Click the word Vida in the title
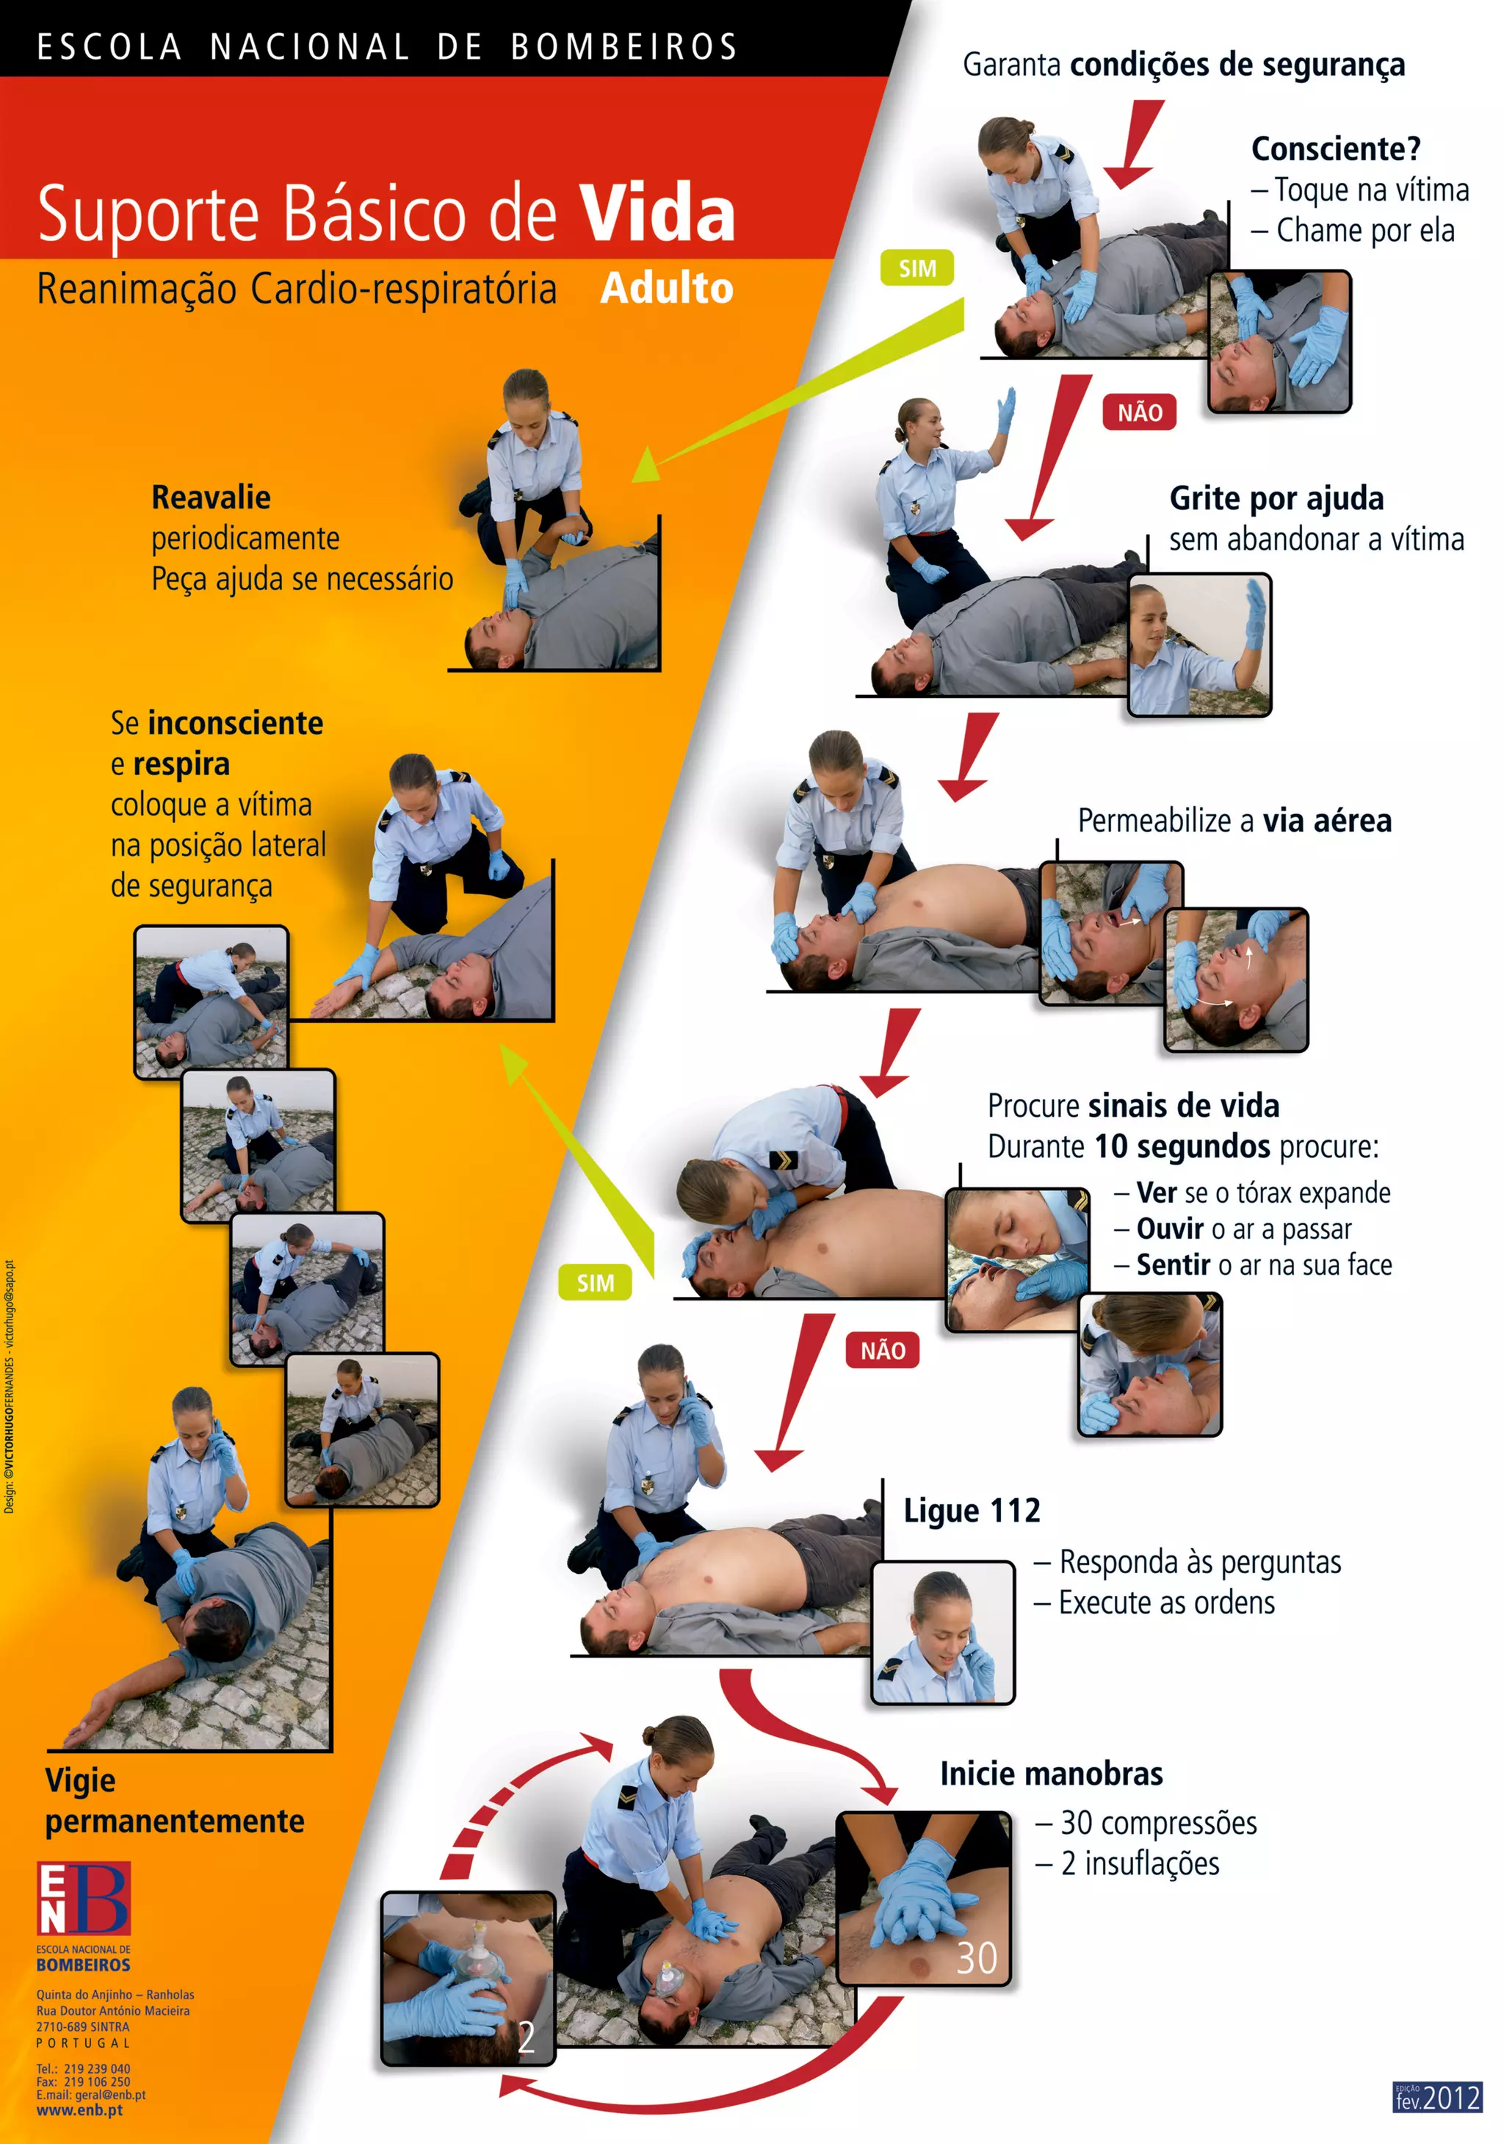tap(657, 213)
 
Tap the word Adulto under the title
tap(667, 287)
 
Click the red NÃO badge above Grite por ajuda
tap(1139, 411)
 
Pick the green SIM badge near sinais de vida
tap(595, 1282)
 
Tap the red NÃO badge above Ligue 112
tap(882, 1350)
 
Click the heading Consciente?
tap(1335, 149)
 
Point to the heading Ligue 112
tap(971, 1510)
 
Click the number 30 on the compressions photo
tap(977, 1958)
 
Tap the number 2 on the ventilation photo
tap(527, 2037)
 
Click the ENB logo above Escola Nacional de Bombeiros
tap(83, 1897)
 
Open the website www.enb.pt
tap(79, 2109)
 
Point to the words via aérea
tap(1326, 821)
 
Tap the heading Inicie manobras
tap(1051, 1774)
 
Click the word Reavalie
tap(211, 497)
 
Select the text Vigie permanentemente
tap(175, 1800)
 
